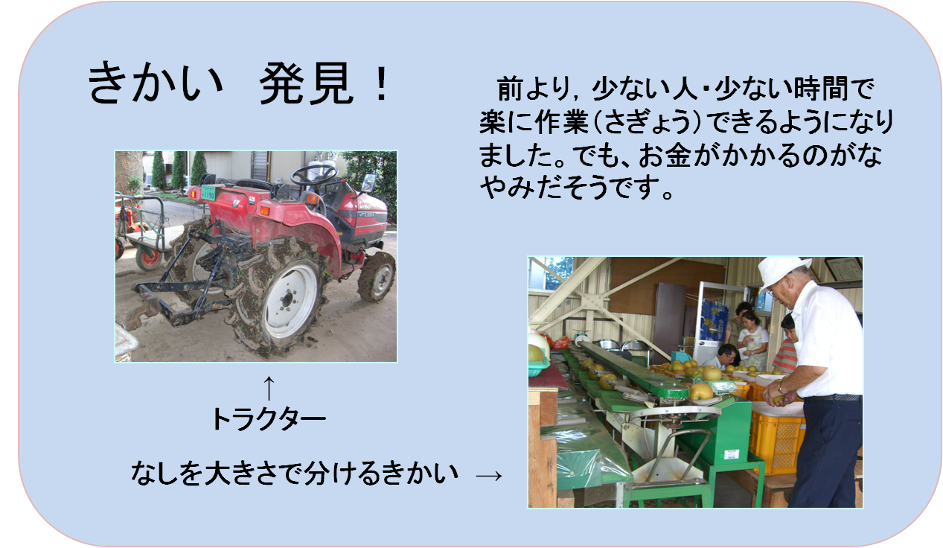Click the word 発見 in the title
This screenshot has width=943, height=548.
[x=306, y=83]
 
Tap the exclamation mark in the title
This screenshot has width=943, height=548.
[x=382, y=83]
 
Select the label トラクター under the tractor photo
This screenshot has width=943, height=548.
[x=269, y=418]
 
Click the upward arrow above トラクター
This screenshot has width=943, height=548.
[x=269, y=388]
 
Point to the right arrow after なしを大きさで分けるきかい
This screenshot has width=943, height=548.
[x=489, y=476]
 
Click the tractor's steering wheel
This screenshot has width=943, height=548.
[x=313, y=174]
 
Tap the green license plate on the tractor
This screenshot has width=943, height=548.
[x=208, y=193]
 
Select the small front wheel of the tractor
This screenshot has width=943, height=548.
[x=377, y=276]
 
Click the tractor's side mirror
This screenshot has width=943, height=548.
[x=368, y=183]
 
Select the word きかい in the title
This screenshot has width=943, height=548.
[x=155, y=83]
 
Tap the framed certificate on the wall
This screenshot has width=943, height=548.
[x=843, y=270]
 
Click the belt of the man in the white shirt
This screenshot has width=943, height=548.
[x=833, y=397]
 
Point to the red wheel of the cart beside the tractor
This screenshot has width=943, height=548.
[x=149, y=257]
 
